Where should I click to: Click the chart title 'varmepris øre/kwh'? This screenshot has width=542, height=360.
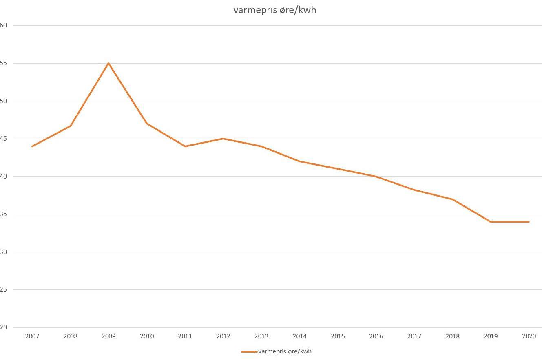pos(274,10)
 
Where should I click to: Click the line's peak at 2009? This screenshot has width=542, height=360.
pos(108,63)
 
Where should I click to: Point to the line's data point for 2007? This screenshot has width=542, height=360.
pos(32,146)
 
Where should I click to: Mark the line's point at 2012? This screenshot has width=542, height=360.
pos(223,139)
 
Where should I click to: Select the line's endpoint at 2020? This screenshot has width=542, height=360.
pos(529,222)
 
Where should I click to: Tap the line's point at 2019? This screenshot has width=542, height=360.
pos(491,222)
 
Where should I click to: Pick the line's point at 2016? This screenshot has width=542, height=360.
pos(376,177)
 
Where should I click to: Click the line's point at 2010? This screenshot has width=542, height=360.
pos(147,124)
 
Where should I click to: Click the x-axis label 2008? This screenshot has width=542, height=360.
pos(71,336)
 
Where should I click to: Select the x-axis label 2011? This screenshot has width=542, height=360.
pos(185,336)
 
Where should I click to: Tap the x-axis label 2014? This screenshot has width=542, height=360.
pos(300,336)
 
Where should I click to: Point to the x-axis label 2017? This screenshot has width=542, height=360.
pos(414,336)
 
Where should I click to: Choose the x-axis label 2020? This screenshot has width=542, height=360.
pos(529,336)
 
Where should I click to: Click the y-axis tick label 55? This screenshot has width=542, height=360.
pos(4,63)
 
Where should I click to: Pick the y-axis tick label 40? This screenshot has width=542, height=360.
pos(4,177)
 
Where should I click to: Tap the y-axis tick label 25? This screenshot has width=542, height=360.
pos(4,289)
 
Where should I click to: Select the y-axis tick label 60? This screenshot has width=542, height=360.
pos(4,25)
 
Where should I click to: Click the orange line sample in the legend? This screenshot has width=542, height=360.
pos(249,351)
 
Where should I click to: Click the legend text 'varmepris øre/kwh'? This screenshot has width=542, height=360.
pos(285,351)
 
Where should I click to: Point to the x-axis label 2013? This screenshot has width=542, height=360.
pos(261,336)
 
